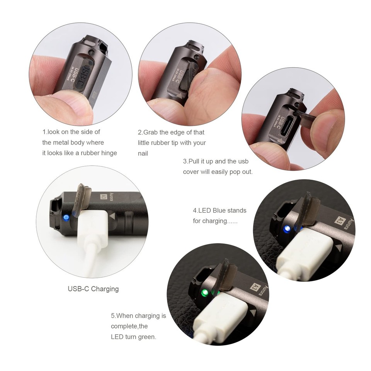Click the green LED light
pos(205,293)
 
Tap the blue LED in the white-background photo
pos(66,218)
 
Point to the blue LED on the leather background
pos(286,229)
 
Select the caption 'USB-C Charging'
pos(93,289)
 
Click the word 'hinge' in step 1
pos(109,153)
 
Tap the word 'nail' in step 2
pos(143,153)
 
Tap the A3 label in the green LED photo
pos(254,287)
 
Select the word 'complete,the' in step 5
pos(129,326)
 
